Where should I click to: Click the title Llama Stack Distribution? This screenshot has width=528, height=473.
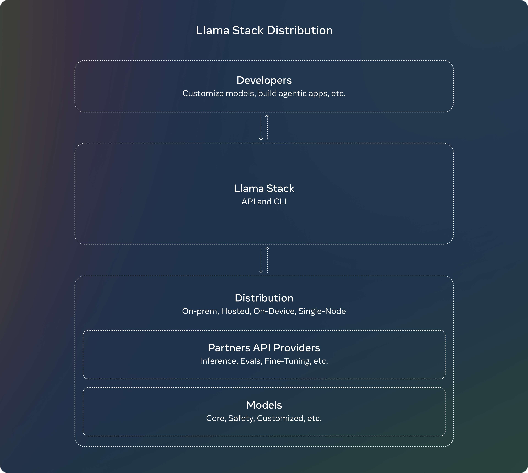tap(264, 30)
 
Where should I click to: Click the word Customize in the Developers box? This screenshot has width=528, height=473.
tap(203, 93)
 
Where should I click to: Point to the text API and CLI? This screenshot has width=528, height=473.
tap(264, 201)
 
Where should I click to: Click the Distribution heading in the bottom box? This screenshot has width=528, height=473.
tap(264, 298)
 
